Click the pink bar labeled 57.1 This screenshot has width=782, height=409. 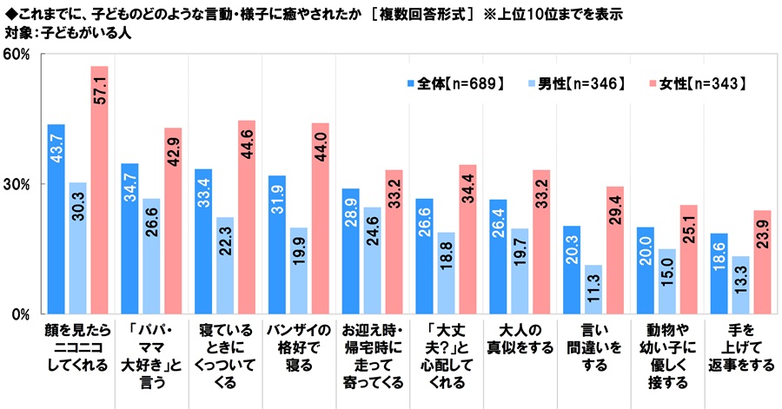(99, 190)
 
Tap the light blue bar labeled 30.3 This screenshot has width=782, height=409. (78, 248)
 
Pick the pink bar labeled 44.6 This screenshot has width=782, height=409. (247, 217)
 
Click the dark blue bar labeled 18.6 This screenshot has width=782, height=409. (719, 274)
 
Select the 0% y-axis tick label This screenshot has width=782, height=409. (21, 314)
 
